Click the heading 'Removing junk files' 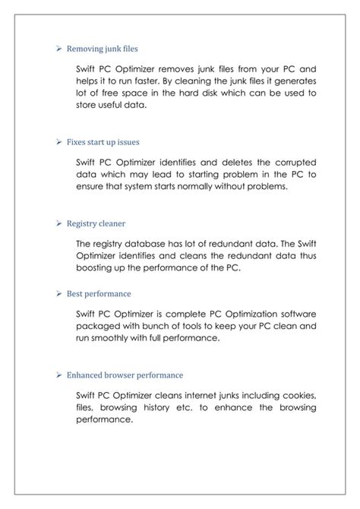tap(102, 49)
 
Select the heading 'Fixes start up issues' tap(103, 141)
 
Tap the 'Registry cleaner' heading tap(96, 224)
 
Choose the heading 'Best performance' tap(99, 292)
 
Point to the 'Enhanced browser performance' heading tap(125, 375)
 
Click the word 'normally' tap(191, 186)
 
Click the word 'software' tap(293, 313)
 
